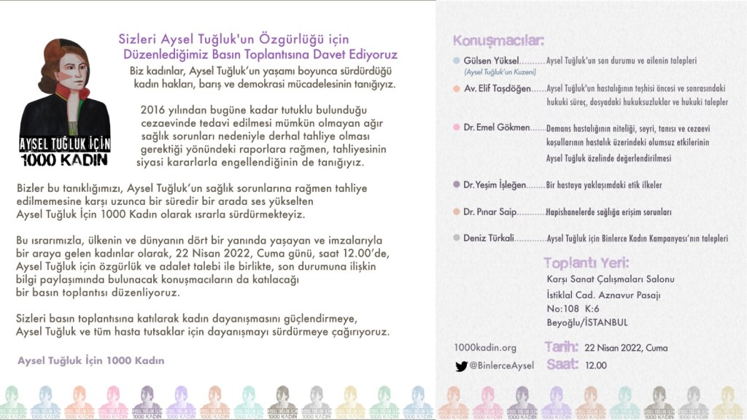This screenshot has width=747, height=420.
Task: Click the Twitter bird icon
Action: pos(461,366)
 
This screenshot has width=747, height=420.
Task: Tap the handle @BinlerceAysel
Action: pos(502,366)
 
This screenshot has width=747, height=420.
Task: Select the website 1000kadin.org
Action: pos(484,348)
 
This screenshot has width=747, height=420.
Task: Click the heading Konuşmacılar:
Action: pos(499,40)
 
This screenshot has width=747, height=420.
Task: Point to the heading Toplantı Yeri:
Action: pos(586,263)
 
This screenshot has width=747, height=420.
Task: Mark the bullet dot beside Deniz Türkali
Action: pos(457,238)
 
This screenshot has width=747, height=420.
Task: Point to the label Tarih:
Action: pos(562,347)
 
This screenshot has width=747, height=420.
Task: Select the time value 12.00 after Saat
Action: pos(596,365)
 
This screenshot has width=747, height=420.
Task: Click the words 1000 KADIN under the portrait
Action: pos(64,160)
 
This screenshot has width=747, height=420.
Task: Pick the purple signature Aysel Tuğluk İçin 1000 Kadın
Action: pos(90,361)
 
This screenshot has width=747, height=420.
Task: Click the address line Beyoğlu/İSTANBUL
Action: pos(587,322)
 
